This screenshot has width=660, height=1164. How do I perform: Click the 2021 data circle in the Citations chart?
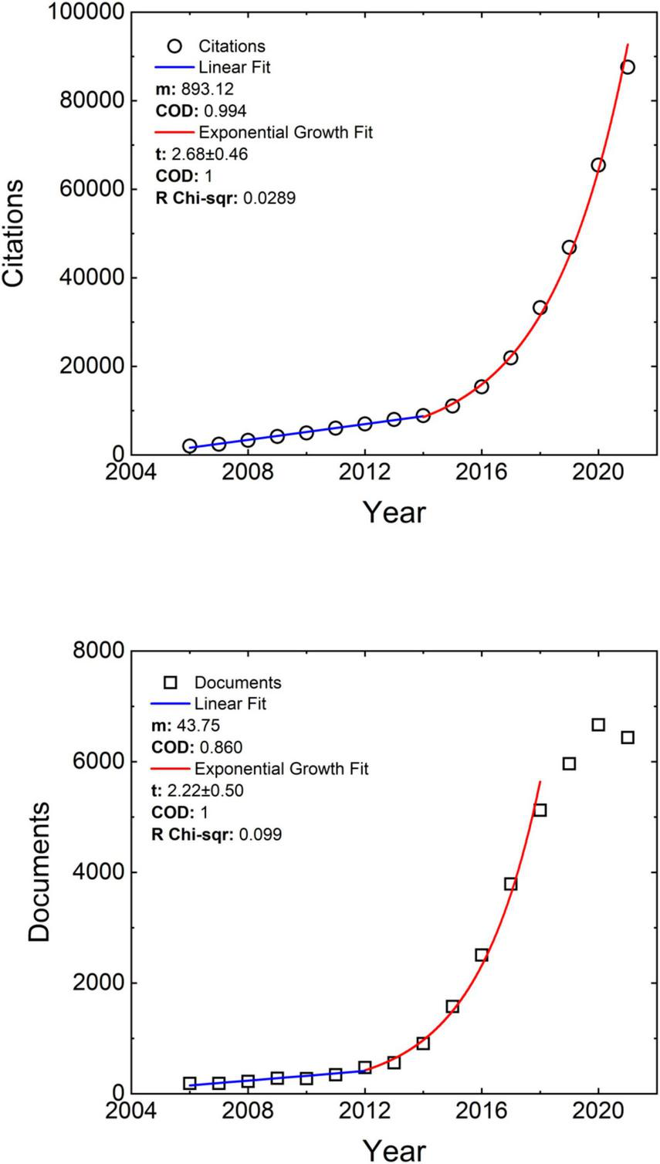pyautogui.click(x=628, y=67)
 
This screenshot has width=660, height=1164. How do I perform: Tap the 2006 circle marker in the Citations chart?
pyautogui.click(x=189, y=446)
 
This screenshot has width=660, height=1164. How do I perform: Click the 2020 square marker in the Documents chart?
pyautogui.click(x=598, y=725)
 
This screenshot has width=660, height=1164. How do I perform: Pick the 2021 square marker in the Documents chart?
pyautogui.click(x=628, y=737)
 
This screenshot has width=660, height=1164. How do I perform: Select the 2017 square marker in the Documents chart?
pyautogui.click(x=510, y=884)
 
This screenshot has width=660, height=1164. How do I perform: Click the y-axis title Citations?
pyautogui.click(x=15, y=234)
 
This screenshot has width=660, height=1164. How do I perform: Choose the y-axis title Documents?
pyautogui.click(x=39, y=871)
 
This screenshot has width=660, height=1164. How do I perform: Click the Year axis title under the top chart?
pyautogui.click(x=394, y=513)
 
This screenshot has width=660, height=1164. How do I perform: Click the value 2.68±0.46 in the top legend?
pyautogui.click(x=208, y=154)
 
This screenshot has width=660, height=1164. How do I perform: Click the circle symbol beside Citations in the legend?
pyautogui.click(x=174, y=46)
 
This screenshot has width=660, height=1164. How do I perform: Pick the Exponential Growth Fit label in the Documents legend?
pyautogui.click(x=281, y=769)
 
